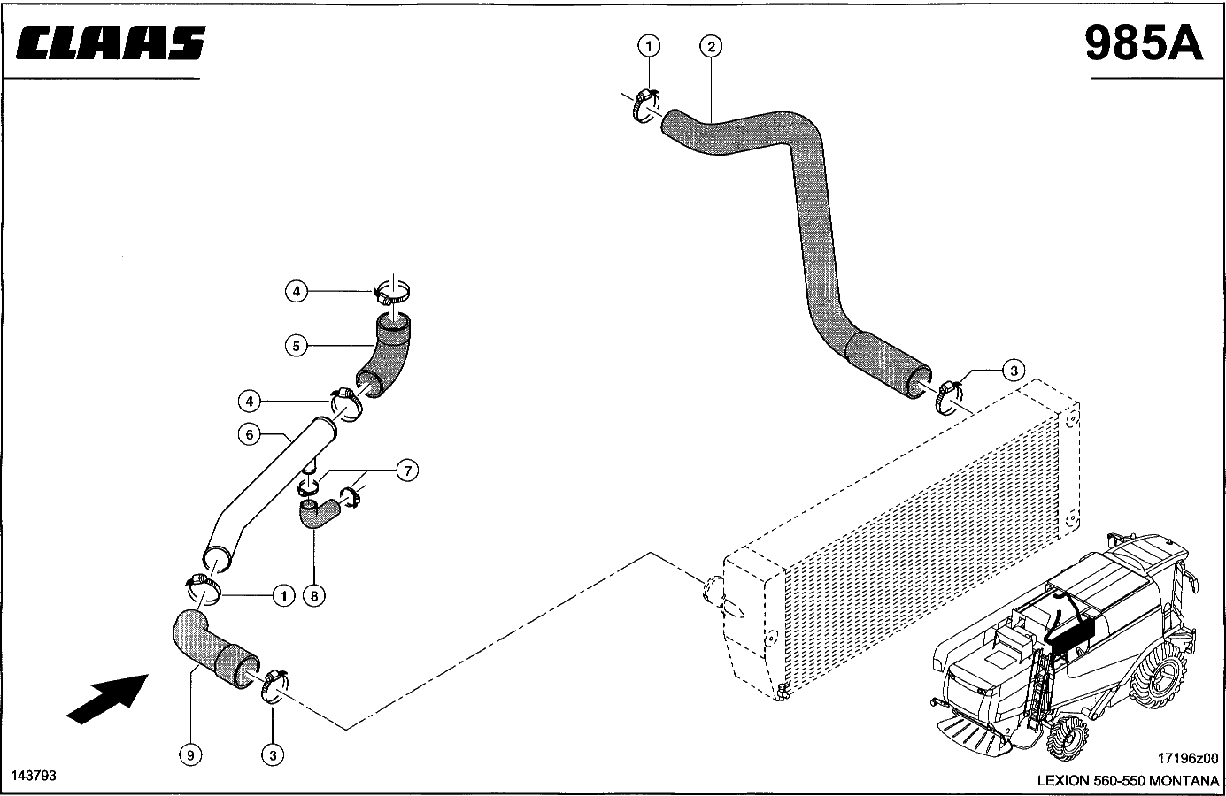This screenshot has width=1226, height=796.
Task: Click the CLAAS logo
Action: [x=111, y=42]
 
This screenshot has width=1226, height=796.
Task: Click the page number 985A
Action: [x=1144, y=43]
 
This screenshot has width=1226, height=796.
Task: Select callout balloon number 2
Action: [x=711, y=47]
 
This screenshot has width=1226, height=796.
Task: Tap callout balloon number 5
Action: [x=297, y=346]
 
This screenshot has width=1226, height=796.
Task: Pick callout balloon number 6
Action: [x=250, y=434]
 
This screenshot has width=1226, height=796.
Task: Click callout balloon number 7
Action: [x=408, y=471]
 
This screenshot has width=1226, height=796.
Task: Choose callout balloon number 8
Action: [x=314, y=596]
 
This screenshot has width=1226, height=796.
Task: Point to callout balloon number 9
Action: [x=190, y=755]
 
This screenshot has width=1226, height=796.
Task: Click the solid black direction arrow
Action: [x=108, y=700]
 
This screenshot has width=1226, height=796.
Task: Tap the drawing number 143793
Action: [x=34, y=776]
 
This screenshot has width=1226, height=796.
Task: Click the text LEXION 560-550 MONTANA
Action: [x=1128, y=781]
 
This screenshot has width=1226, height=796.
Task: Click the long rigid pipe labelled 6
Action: [x=268, y=494]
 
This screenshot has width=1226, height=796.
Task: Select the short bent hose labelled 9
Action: [x=214, y=649]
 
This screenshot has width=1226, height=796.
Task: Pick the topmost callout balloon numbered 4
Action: [x=297, y=291]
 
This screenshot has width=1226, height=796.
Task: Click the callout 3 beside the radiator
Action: [x=1014, y=371]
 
